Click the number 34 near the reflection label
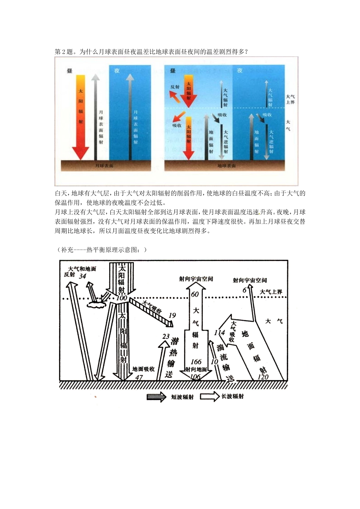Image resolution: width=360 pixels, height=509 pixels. (x=83, y=276)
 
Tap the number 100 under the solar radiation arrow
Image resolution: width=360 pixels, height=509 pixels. (x=122, y=298)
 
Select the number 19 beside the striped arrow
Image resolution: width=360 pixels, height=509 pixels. (x=172, y=315)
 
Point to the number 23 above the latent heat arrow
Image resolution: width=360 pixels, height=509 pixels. (x=166, y=336)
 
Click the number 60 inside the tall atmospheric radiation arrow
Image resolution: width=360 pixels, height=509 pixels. (x=195, y=294)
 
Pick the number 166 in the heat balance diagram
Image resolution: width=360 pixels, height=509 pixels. (x=196, y=362)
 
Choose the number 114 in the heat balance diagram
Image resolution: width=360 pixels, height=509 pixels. (x=219, y=333)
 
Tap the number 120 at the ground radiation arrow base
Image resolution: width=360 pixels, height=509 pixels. (x=263, y=376)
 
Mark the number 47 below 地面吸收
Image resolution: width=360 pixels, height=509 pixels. (x=139, y=377)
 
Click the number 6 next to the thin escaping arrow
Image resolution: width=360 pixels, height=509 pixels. (x=245, y=290)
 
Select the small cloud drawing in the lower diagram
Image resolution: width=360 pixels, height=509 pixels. (x=97, y=303)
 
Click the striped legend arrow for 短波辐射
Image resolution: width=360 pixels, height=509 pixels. (x=156, y=397)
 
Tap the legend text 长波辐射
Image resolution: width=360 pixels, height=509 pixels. (x=232, y=396)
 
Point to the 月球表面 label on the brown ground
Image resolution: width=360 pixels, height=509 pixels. (x=104, y=166)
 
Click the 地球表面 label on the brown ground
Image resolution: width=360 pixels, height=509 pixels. (x=226, y=166)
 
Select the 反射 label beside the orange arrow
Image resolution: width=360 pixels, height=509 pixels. (x=175, y=87)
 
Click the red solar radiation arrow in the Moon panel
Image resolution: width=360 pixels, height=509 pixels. (x=80, y=117)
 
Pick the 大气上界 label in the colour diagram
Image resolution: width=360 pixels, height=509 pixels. (x=290, y=100)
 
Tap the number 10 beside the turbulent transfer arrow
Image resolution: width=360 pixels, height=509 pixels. (x=214, y=362)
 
